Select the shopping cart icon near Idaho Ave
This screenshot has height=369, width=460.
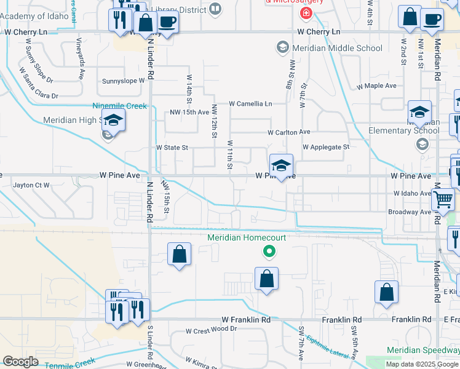[x=443, y=199]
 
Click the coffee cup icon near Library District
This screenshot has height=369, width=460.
[x=167, y=23]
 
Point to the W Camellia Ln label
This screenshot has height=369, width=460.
[x=250, y=104]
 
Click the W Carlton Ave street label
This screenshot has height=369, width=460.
[x=288, y=132]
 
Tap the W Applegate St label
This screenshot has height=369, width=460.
[x=326, y=147]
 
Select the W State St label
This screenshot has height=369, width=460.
[x=172, y=148]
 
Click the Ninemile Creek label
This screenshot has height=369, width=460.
[x=120, y=106]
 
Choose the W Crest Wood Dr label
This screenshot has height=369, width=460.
[x=212, y=329]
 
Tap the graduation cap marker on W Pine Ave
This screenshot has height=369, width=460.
[x=281, y=166]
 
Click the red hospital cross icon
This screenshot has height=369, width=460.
[x=305, y=13]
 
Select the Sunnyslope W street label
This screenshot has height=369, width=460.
[x=123, y=81]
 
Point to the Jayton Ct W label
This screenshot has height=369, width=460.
[x=31, y=184]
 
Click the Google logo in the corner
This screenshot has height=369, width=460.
[x=20, y=361]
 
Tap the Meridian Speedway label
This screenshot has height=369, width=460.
[x=422, y=350]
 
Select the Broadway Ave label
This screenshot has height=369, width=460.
[x=410, y=212]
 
